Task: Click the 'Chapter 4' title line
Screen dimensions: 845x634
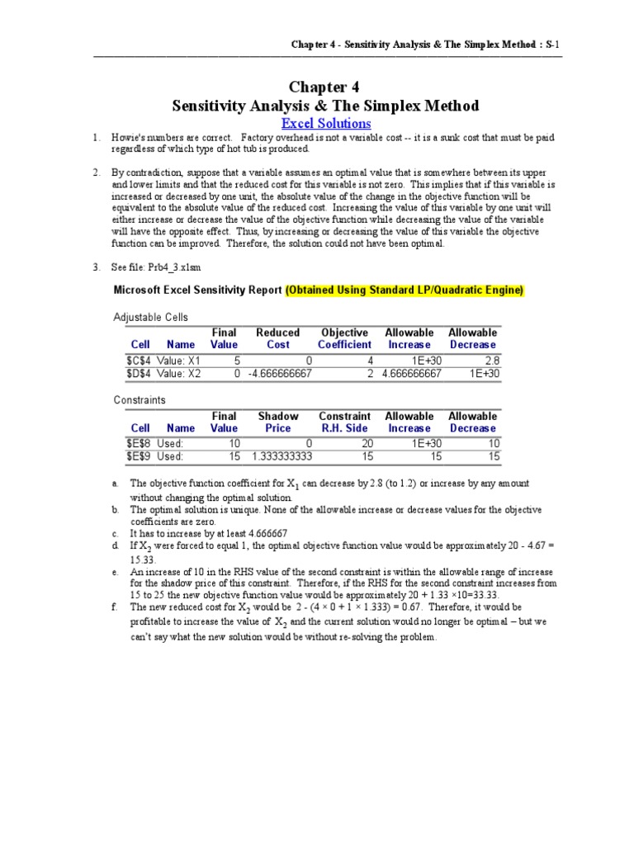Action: (324, 87)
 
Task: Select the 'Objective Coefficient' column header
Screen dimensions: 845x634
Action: (344, 338)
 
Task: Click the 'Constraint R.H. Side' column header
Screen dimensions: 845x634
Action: (344, 422)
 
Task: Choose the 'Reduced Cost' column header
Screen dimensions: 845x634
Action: (277, 338)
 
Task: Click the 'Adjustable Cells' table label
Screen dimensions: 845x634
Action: (150, 317)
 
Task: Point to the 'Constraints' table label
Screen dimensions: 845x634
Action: (140, 400)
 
